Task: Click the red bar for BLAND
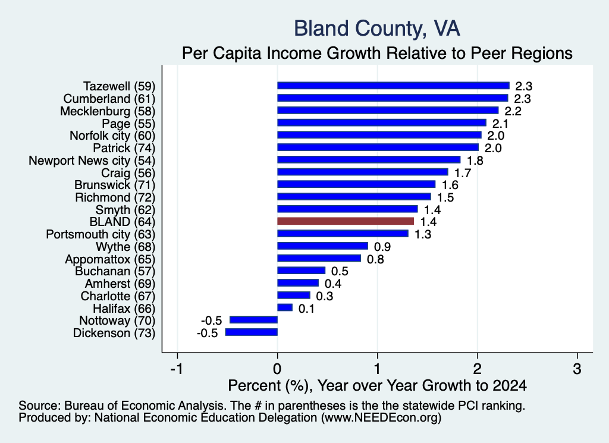[x=346, y=221]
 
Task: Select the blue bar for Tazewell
[x=393, y=86]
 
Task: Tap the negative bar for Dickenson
[x=252, y=332]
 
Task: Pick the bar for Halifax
[x=285, y=307]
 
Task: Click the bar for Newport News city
[x=369, y=159]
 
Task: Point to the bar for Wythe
[x=322, y=246]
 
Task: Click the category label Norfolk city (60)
[x=112, y=136]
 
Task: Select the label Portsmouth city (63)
[x=101, y=234]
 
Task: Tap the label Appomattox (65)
[x=110, y=259]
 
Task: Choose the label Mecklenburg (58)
[x=108, y=111]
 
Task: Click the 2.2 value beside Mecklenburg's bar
[x=513, y=111]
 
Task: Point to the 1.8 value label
[x=475, y=161]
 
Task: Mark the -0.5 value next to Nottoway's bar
[x=212, y=321]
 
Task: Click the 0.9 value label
[x=382, y=247]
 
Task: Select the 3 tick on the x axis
[x=577, y=369]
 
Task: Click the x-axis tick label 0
[x=277, y=369]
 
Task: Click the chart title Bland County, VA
[x=376, y=29]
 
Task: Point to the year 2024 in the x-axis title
[x=510, y=385]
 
